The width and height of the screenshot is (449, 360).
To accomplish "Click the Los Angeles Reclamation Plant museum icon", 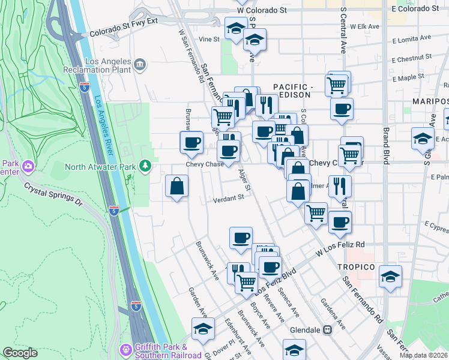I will (140, 64).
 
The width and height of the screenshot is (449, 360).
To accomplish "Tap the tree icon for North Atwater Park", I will (145, 165).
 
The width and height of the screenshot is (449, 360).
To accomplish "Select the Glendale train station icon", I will (328, 329).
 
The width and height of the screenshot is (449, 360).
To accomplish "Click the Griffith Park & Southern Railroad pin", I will (126, 349).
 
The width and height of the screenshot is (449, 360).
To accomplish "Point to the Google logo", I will (20, 353).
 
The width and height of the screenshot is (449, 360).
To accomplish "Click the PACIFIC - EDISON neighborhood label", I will (292, 91).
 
